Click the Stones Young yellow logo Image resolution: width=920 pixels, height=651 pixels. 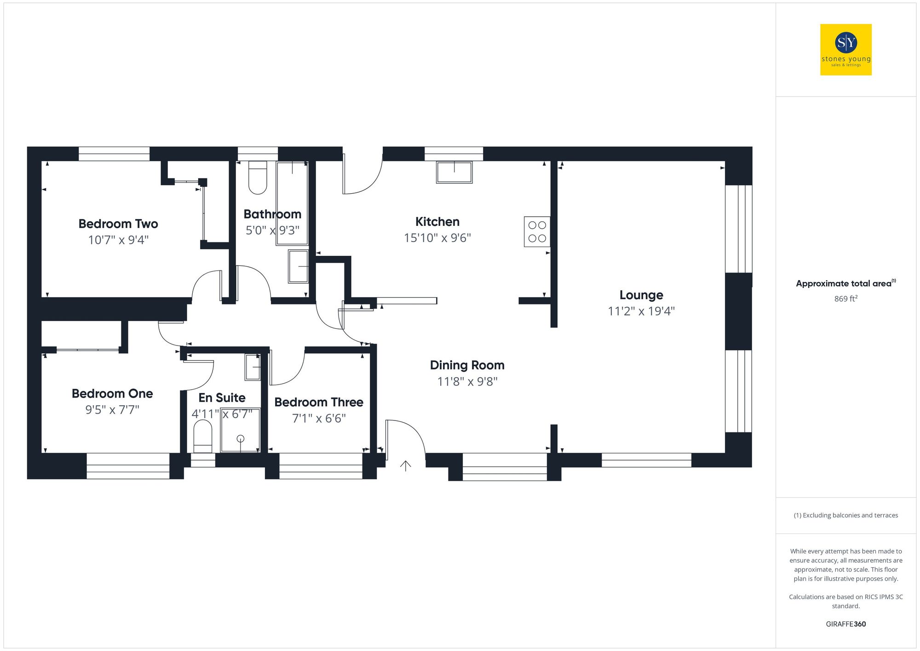pos(845,50)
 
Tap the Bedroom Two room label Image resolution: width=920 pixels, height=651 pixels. pos(118,224)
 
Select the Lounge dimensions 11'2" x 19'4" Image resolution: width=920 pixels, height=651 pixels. pos(641,311)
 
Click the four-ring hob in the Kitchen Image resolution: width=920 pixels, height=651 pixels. pos(537,232)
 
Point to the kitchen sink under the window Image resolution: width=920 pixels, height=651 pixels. pos(454,172)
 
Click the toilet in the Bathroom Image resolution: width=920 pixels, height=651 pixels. pos(258,178)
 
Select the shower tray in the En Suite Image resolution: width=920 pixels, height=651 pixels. pos(240,430)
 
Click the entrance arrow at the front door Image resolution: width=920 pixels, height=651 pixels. pos(405,466)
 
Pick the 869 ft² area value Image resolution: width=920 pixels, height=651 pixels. pos(845,299)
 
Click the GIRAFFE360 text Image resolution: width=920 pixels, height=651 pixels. pos(845,624)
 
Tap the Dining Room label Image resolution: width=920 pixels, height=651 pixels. pos(467,365)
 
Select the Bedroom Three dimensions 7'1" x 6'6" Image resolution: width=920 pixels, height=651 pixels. pos(319,419)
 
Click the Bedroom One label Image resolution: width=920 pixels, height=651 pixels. pos(112,394)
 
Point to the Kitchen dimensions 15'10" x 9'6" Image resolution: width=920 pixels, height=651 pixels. pos(437,238)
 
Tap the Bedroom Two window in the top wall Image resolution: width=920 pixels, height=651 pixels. pos(114,154)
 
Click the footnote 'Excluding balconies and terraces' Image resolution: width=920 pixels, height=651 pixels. pos(845,515)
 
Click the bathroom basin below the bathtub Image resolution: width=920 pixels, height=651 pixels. pos(298,266)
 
